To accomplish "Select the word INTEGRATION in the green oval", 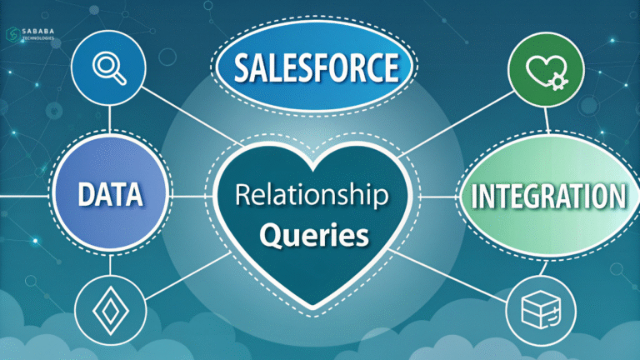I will coord(547,197).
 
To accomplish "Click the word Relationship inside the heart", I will coord(312,197).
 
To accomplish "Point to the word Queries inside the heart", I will coord(313,236).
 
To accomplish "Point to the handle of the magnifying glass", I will coord(118,77).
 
